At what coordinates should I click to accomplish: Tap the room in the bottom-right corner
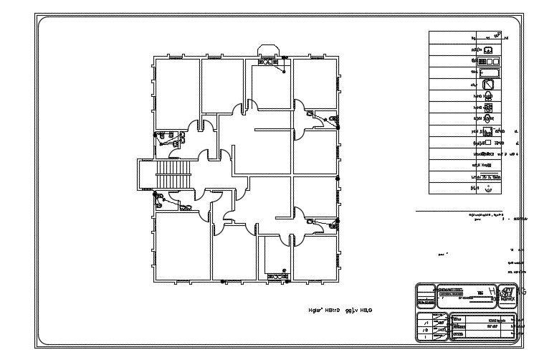314,257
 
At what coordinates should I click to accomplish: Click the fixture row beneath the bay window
273,62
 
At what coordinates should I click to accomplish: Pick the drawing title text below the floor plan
341,311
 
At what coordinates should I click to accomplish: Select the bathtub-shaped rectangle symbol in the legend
490,73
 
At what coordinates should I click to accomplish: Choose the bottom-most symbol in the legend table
488,189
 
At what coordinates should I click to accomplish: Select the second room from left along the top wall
221,86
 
